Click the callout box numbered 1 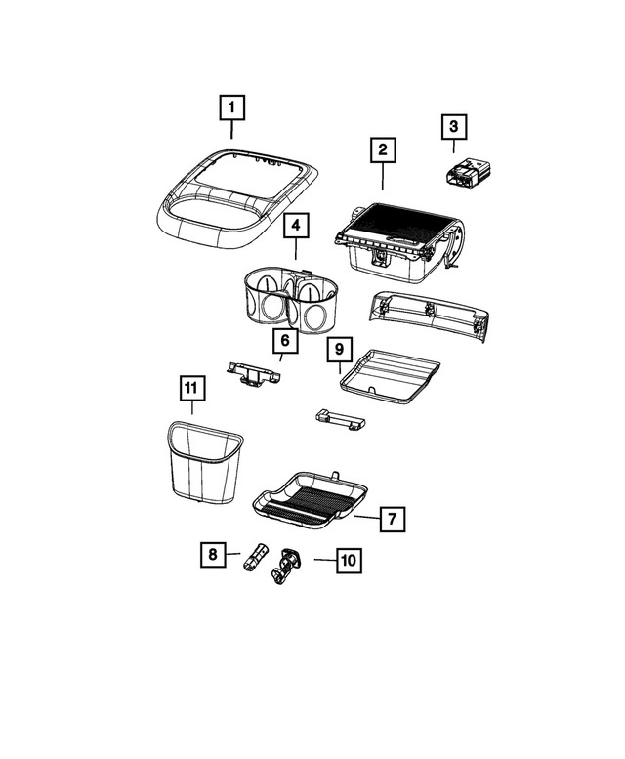coord(231,105)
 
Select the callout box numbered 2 coord(383,150)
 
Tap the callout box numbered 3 coord(453,126)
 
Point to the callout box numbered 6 coord(284,341)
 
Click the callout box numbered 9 coord(339,349)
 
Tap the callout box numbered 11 coord(192,389)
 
